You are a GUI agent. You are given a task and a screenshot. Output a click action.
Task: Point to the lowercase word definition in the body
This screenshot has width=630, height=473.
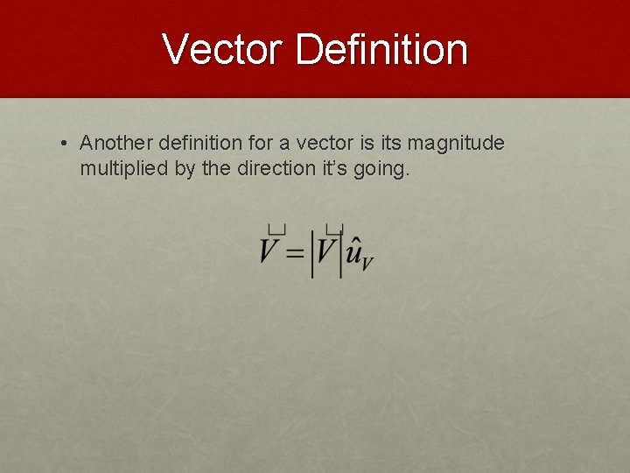[x=203, y=143]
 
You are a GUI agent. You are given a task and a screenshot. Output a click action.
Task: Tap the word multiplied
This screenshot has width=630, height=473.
[x=123, y=168]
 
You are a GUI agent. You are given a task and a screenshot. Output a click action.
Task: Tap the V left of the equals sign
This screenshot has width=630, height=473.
[x=270, y=251]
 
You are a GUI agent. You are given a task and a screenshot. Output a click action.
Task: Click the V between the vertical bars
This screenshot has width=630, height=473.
[x=326, y=251]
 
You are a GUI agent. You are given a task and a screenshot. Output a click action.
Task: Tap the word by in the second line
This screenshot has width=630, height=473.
[x=184, y=169]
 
